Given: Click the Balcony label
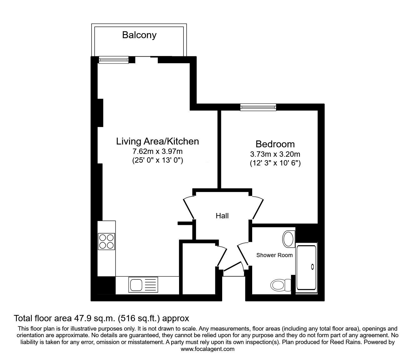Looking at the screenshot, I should (139, 35).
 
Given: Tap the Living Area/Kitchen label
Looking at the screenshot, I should (157, 141).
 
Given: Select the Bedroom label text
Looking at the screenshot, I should (275, 144).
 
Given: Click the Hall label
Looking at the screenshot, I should (222, 215).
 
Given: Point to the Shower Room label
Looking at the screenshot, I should (274, 255).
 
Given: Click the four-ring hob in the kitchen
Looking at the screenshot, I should (106, 241).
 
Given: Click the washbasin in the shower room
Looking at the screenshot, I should (288, 239).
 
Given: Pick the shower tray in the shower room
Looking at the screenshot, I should (306, 267).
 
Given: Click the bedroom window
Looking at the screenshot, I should (258, 107).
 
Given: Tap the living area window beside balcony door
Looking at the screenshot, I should (114, 59).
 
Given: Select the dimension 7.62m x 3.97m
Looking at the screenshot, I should (157, 152).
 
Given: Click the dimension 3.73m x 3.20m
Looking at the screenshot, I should (275, 154).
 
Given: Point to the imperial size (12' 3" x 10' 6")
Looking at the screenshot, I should (275, 163).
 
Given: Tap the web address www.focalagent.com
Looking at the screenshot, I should (207, 349).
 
